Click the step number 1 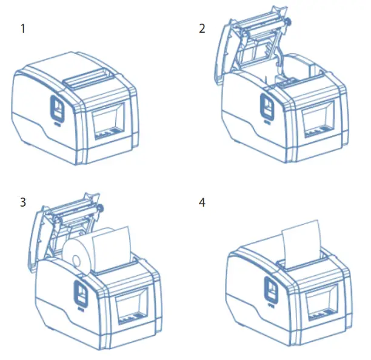click(23, 28)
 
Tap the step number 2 click(202, 28)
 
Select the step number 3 click(23, 202)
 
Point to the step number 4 click(202, 202)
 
